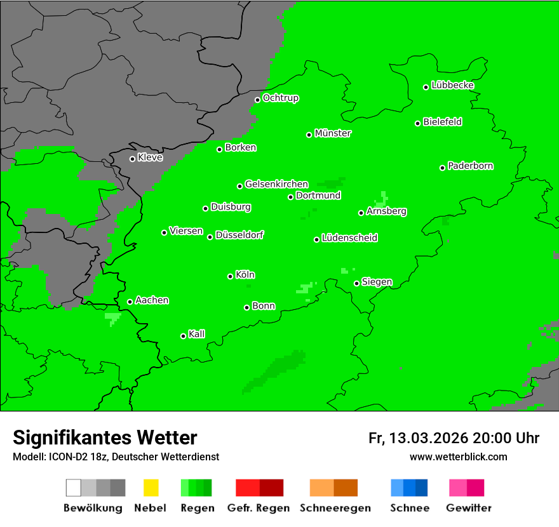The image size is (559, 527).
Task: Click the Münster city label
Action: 333,133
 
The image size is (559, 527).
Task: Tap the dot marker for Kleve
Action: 132,159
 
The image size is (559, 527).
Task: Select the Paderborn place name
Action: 471,166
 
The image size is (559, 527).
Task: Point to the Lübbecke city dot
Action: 426,87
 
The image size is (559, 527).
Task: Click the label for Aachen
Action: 152,300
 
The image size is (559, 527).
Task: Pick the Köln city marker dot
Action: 230,276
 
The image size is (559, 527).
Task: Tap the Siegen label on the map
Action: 377,282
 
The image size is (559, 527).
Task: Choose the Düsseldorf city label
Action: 239,235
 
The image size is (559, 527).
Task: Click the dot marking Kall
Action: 183,336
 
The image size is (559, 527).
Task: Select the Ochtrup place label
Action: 281,98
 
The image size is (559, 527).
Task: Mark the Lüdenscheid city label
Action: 349,238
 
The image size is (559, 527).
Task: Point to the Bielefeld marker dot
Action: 418,123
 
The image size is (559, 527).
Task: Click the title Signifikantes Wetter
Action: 105,437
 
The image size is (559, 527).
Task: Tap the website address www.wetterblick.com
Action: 458,457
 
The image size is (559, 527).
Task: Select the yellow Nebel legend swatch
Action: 151,488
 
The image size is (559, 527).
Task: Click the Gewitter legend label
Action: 468,508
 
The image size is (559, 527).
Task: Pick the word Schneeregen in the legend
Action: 335,508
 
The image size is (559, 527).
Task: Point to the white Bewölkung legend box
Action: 74,488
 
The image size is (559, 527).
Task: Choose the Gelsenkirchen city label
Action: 276,184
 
